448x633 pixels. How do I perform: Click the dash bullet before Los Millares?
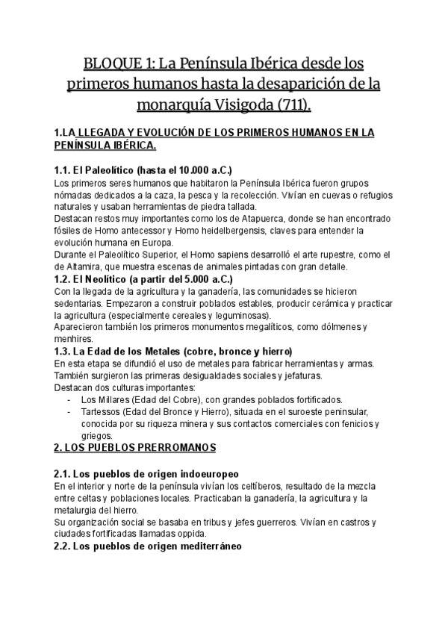[69, 399]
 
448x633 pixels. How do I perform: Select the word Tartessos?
[102, 411]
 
